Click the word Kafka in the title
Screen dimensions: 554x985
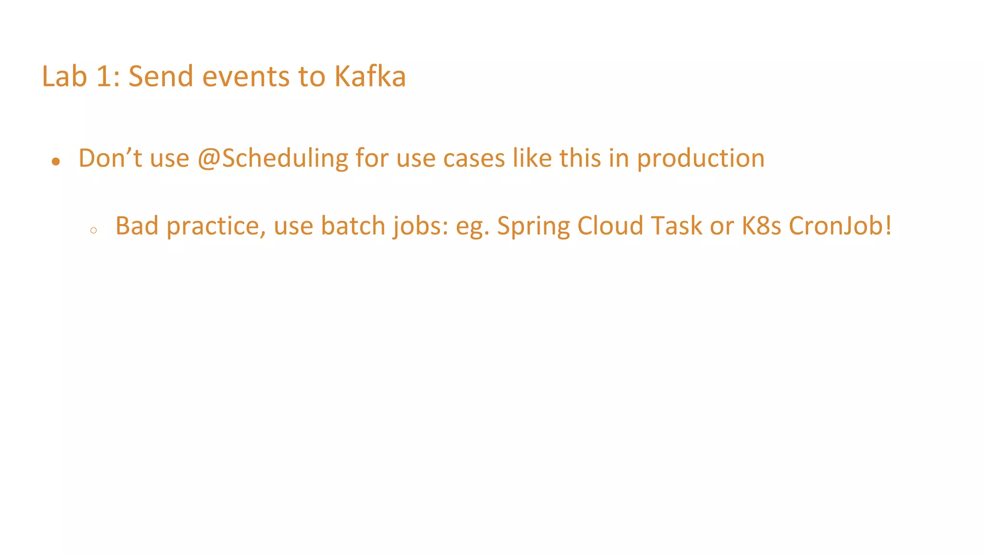pyautogui.click(x=370, y=76)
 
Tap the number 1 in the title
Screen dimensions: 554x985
pyautogui.click(x=104, y=76)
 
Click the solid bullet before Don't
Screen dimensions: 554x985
pyautogui.click(x=56, y=162)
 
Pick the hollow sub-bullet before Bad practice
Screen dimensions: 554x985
pyautogui.click(x=93, y=231)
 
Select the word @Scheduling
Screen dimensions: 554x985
pyautogui.click(x=273, y=158)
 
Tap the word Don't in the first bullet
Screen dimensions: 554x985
pyautogui.click(x=110, y=158)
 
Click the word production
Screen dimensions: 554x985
pyautogui.click(x=701, y=158)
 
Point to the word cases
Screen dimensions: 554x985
pyautogui.click(x=474, y=158)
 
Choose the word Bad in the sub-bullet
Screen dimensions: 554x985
pyautogui.click(x=137, y=226)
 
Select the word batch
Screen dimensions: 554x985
pyautogui.click(x=353, y=226)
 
